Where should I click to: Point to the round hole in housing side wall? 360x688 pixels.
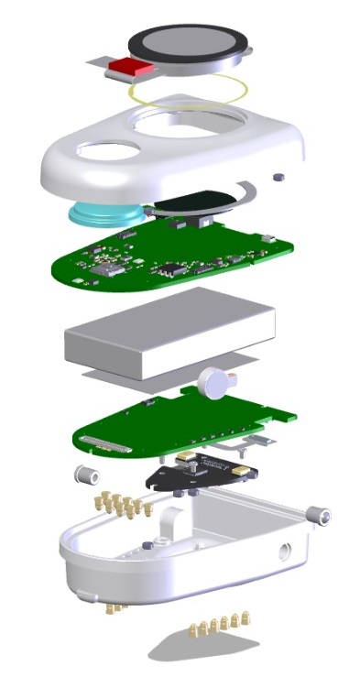point(283,552)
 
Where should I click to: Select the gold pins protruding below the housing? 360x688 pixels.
point(113,607)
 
